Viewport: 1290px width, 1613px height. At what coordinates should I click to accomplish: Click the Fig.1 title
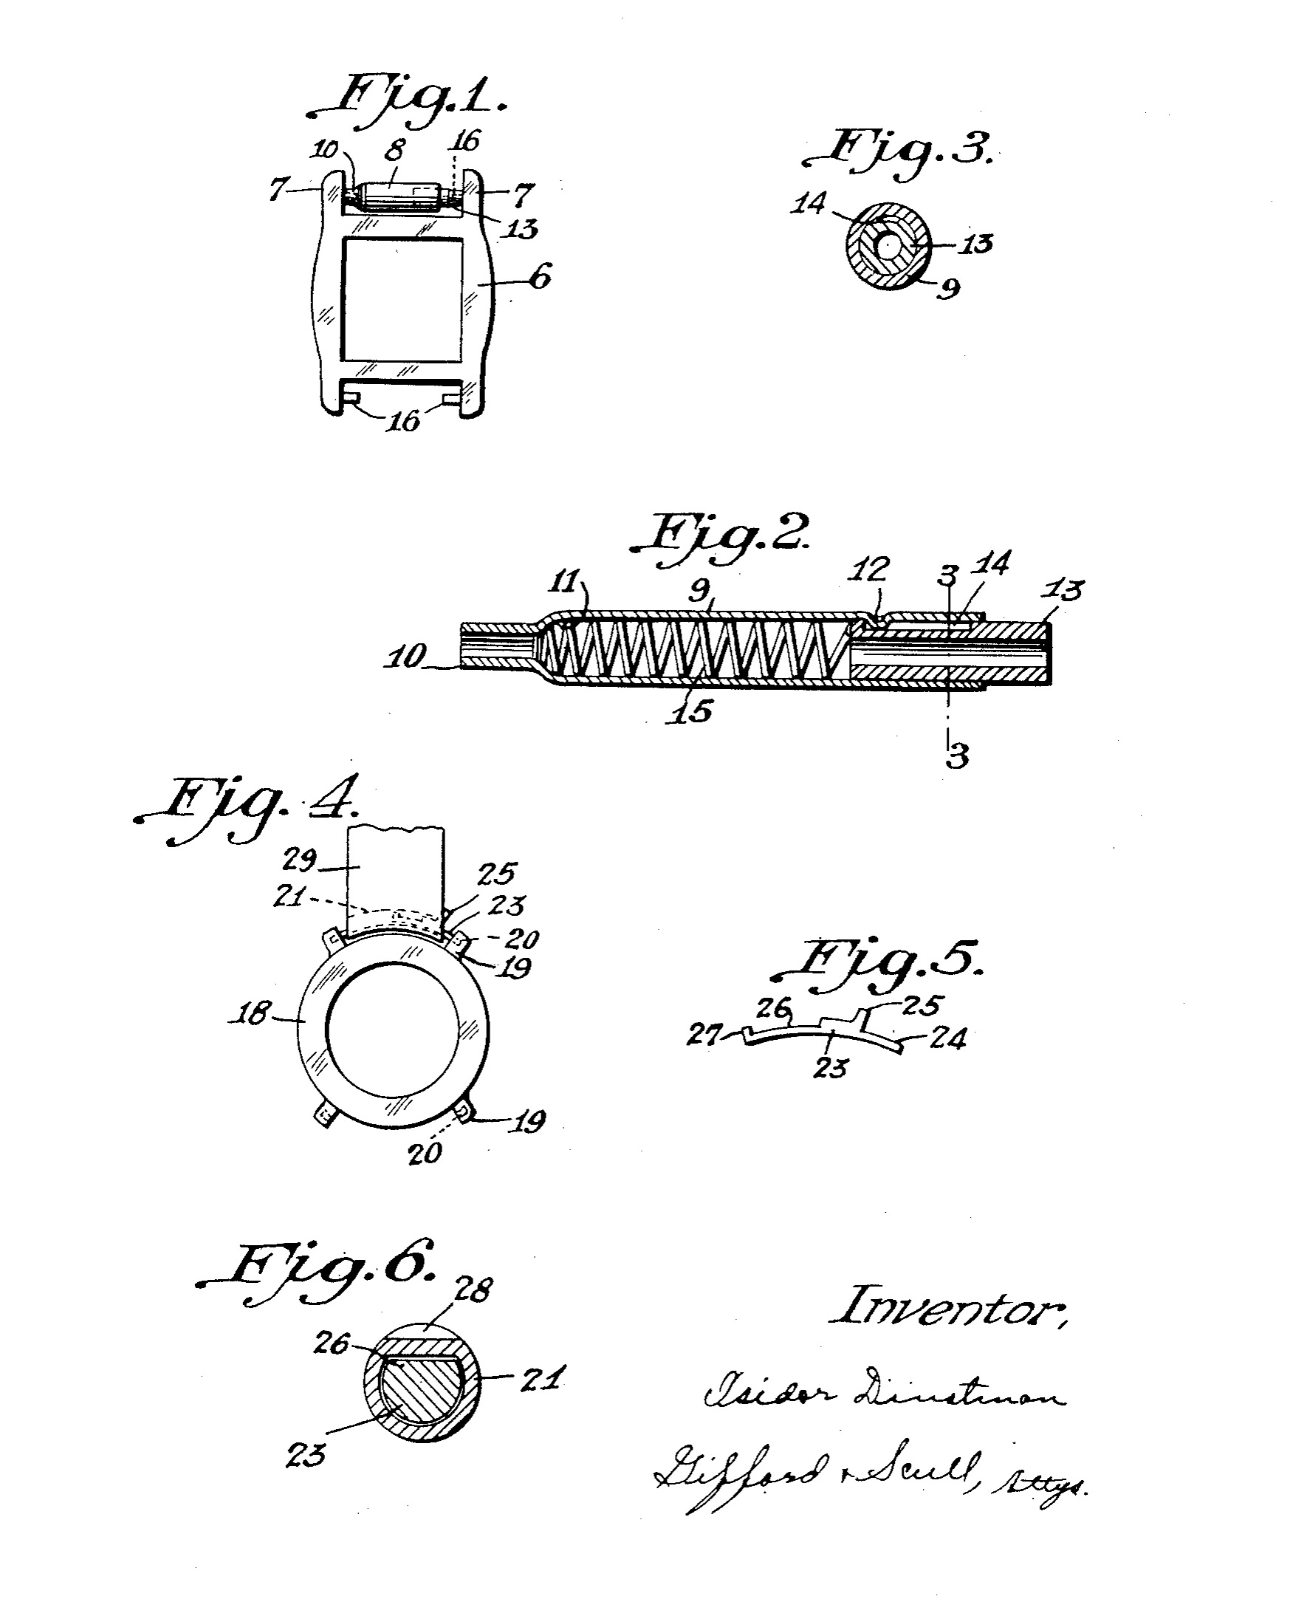(x=408, y=101)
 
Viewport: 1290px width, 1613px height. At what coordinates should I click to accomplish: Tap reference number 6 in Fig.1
(x=540, y=277)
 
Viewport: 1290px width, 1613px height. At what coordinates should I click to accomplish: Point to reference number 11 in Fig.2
(x=566, y=581)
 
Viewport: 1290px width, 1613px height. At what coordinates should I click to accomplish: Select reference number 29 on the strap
(x=300, y=860)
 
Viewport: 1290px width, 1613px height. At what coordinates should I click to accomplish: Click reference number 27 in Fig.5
(x=704, y=1035)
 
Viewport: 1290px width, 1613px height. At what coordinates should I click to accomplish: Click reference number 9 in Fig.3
(x=948, y=288)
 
